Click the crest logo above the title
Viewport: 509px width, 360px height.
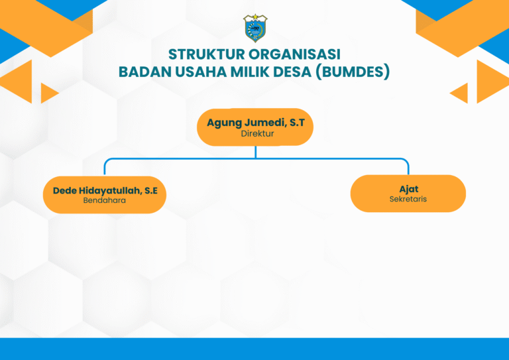(255, 28)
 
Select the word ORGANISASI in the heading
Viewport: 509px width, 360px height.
(294, 54)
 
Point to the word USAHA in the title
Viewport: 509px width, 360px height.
(201, 72)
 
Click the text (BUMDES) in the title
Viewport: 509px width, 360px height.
(353, 72)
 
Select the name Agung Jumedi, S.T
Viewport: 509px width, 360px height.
(256, 123)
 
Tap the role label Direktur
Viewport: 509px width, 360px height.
(257, 133)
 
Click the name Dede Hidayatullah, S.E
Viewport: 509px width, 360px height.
(105, 190)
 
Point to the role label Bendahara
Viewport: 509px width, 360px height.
(105, 200)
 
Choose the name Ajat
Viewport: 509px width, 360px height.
(409, 189)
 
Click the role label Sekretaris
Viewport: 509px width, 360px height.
(408, 199)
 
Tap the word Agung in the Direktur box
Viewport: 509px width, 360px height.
(224, 123)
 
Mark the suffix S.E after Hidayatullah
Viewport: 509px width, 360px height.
(151, 190)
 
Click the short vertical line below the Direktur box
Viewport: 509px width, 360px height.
(256, 152)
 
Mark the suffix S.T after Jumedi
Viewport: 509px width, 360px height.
(298, 123)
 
